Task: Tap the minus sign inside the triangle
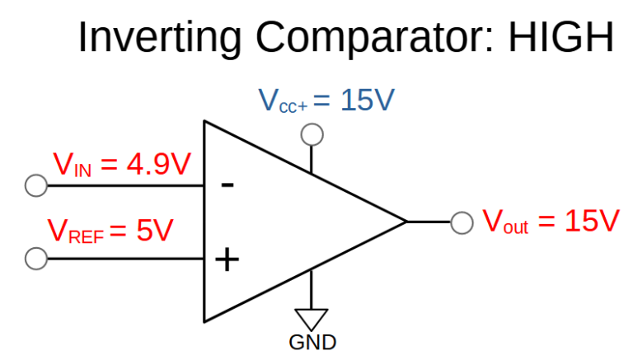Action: pos(227,185)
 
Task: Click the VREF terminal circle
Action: pos(36,259)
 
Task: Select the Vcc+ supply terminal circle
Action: pos(312,133)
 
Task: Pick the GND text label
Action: pos(312,342)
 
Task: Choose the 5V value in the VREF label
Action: pos(154,230)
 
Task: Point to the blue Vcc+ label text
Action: pos(283,102)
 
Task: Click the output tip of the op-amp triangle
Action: pos(406,222)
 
